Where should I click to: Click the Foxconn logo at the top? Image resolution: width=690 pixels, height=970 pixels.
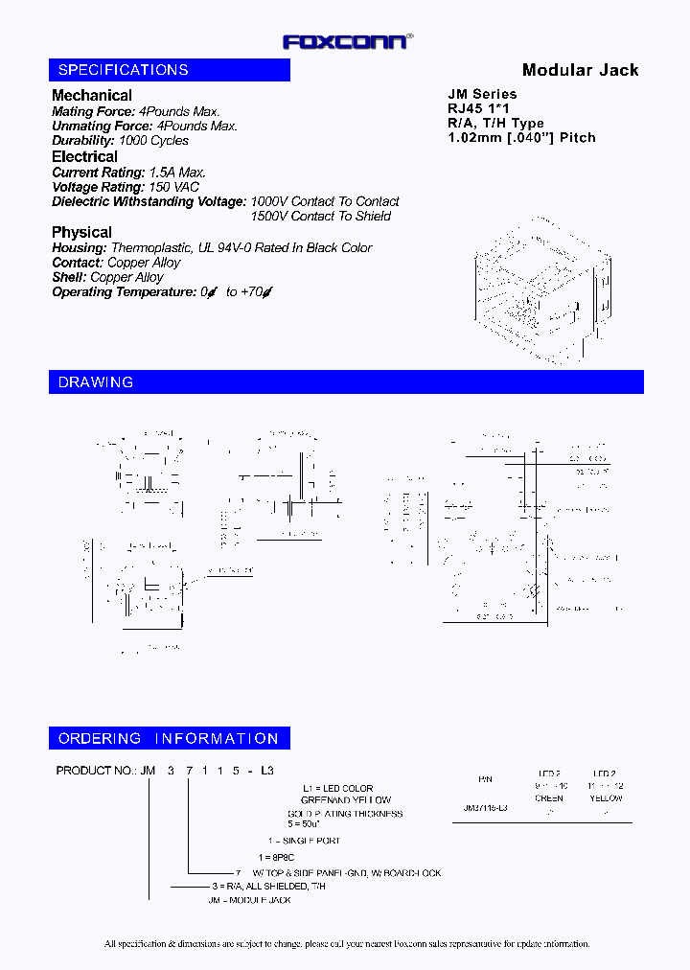(x=348, y=40)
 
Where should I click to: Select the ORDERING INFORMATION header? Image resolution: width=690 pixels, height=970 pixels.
(x=169, y=739)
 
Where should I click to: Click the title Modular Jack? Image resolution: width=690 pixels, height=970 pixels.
(x=580, y=70)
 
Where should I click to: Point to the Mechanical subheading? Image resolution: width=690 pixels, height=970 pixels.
(x=92, y=95)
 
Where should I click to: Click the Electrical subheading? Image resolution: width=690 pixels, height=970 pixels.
(x=84, y=156)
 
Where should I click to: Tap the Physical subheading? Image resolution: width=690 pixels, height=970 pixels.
(x=81, y=232)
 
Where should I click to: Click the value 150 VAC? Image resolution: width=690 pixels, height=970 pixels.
(x=173, y=187)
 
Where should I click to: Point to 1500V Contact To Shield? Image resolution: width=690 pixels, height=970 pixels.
(x=320, y=216)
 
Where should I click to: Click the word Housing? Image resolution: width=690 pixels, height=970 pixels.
(x=78, y=247)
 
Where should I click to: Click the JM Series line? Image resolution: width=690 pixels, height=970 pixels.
(x=482, y=94)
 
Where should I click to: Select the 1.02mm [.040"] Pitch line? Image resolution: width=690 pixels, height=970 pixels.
(x=521, y=137)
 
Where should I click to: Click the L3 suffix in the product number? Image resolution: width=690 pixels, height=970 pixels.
(x=267, y=771)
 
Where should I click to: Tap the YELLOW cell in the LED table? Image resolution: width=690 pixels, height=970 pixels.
(x=605, y=797)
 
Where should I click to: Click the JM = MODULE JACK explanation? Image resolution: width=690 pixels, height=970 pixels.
(x=250, y=900)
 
